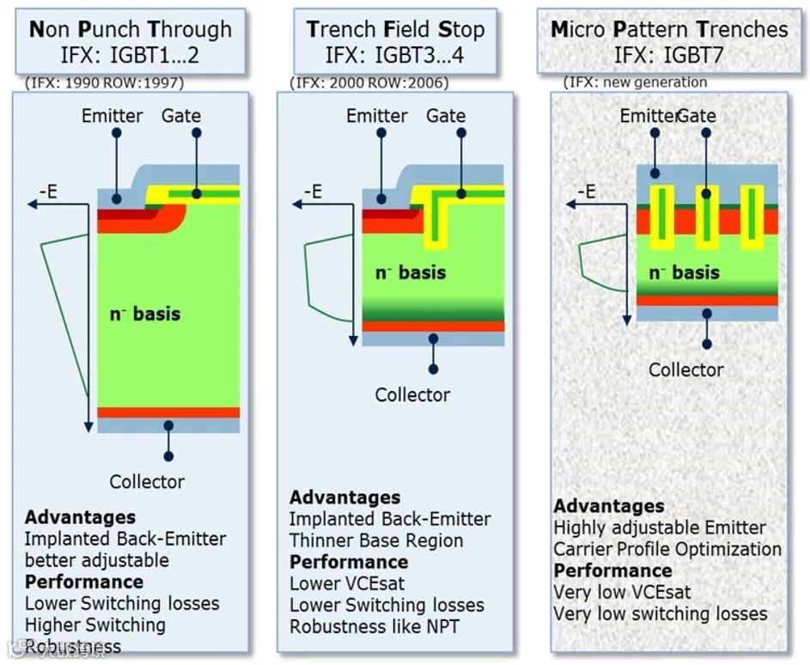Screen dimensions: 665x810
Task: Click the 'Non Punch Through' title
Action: (131, 28)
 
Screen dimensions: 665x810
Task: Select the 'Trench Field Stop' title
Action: (395, 28)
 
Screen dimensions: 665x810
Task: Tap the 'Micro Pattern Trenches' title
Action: (669, 28)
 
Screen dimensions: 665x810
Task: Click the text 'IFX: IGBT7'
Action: (669, 55)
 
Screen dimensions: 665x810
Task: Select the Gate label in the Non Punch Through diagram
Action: (181, 115)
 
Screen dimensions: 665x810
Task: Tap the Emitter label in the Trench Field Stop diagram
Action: (376, 115)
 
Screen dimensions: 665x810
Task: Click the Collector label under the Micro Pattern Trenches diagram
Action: (685, 369)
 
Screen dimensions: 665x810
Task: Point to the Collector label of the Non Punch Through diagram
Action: (147, 481)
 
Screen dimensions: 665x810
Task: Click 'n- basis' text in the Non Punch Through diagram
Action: (144, 314)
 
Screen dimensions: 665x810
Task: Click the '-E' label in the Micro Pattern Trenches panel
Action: (586, 191)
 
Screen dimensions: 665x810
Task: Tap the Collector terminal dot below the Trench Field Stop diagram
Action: (434, 369)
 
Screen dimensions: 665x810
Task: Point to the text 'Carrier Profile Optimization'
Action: (667, 549)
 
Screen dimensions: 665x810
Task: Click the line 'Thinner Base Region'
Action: (376, 540)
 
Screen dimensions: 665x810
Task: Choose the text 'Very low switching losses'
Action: (660, 613)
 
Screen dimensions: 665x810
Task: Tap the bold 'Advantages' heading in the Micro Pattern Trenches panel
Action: (609, 506)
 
